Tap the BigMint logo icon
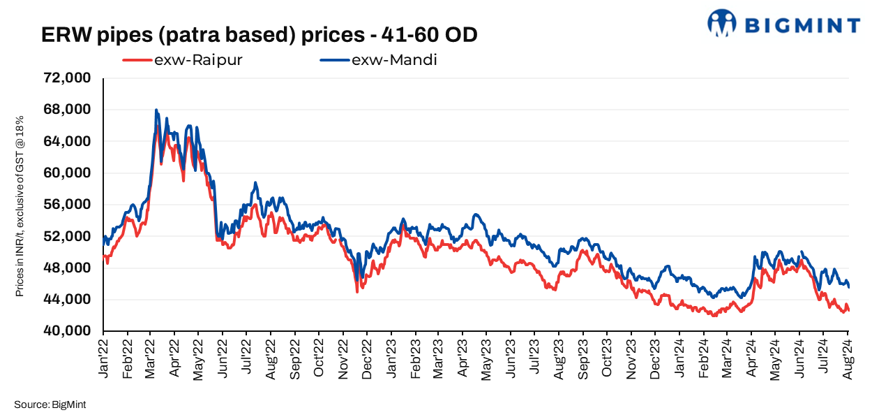pyautogui.click(x=722, y=22)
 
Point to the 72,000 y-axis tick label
pyautogui.click(x=68, y=78)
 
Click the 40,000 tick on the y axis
pyautogui.click(x=68, y=331)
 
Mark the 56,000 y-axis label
pyautogui.click(x=68, y=205)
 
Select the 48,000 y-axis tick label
pyautogui.click(x=68, y=268)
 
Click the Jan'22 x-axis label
pyautogui.click(x=104, y=358)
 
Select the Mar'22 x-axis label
pyautogui.click(x=151, y=358)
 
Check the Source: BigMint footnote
pyautogui.click(x=50, y=405)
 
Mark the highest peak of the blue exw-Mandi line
pyautogui.click(x=156, y=110)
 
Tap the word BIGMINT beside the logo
pyautogui.click(x=802, y=26)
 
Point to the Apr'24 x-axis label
pyautogui.click(x=752, y=358)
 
